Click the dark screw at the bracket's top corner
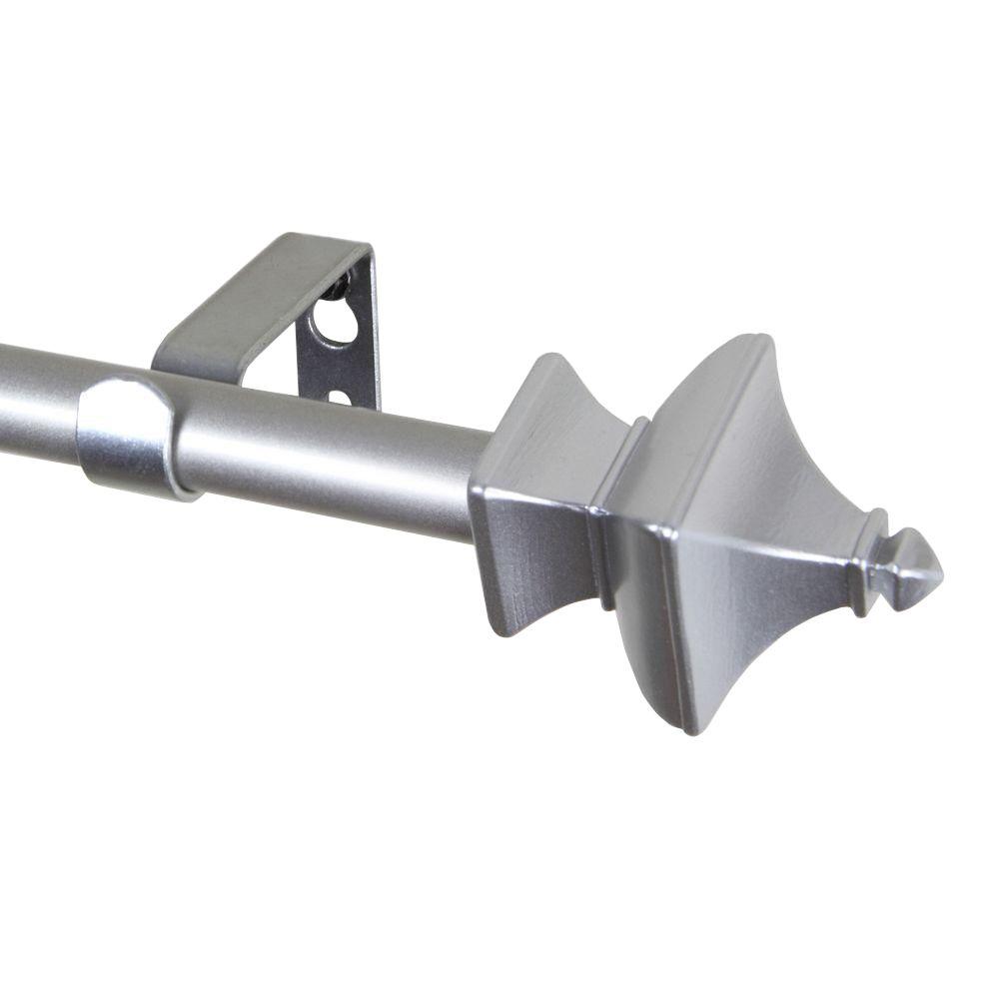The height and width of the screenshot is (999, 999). pyautogui.click(x=342, y=286)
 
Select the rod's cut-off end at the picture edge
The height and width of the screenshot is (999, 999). pyautogui.click(x=4, y=400)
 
